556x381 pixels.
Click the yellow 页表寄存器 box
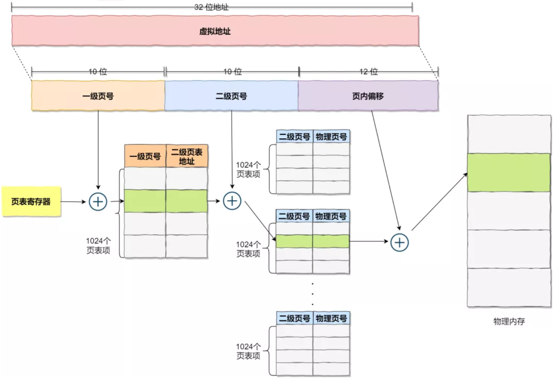click(x=31, y=202)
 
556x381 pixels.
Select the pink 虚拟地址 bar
click(x=215, y=31)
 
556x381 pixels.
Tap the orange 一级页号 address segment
click(x=98, y=96)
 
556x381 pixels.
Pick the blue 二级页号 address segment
click(x=231, y=96)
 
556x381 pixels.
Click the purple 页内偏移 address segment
click(x=368, y=96)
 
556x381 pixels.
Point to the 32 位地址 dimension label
click(x=212, y=7)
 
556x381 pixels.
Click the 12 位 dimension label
click(x=369, y=72)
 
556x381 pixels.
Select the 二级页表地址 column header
click(x=187, y=156)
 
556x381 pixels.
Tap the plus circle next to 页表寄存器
click(x=98, y=202)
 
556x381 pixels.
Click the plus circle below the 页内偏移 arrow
click(x=400, y=242)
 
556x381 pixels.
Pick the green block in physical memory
click(x=509, y=173)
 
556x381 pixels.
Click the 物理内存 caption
click(x=509, y=321)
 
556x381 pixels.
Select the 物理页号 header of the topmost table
click(x=331, y=136)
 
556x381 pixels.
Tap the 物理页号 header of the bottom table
click(x=331, y=318)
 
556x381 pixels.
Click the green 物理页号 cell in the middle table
click(x=331, y=241)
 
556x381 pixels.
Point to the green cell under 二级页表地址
click(x=187, y=201)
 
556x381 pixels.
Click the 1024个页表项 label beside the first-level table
click(x=98, y=246)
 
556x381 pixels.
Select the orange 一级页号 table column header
click(x=145, y=156)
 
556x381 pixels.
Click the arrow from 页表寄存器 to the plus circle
click(x=73, y=202)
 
